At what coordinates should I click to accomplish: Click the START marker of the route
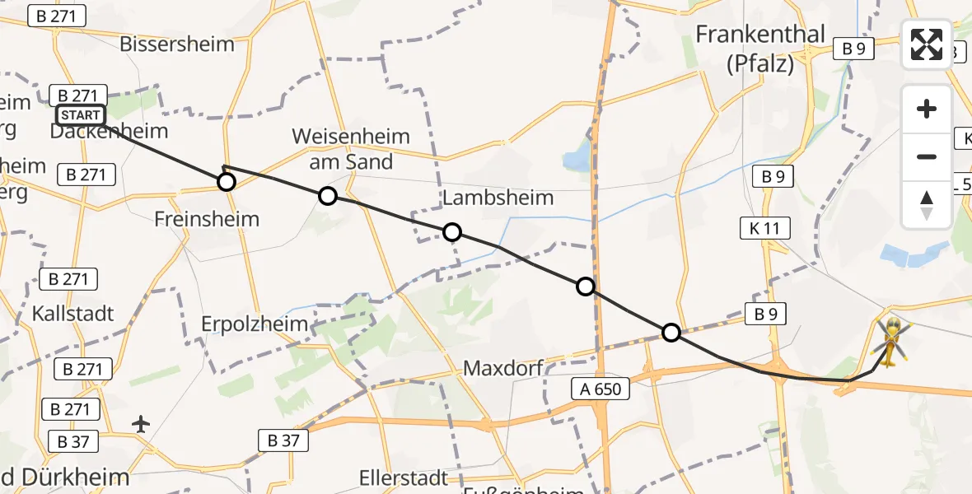tap(80, 115)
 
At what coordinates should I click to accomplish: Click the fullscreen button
tap(927, 44)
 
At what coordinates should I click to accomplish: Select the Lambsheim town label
tap(498, 198)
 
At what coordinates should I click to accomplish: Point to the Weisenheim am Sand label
tap(351, 148)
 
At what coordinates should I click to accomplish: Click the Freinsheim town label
tap(207, 219)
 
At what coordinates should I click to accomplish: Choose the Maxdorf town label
tap(502, 367)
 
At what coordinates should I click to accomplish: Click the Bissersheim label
tap(177, 44)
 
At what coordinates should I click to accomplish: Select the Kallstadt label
tap(72, 314)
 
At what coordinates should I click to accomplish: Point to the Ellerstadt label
tap(403, 478)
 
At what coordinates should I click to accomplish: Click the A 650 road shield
tap(600, 387)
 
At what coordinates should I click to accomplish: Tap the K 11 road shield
tap(765, 227)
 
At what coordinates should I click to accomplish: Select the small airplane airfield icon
tap(142, 424)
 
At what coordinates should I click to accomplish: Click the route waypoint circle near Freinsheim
tap(226, 182)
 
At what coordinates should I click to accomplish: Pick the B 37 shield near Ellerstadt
tap(283, 440)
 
